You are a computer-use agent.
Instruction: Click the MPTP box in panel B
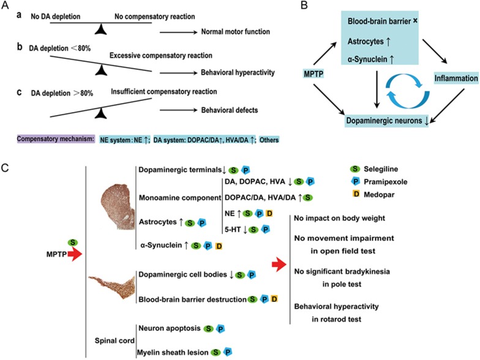point(313,73)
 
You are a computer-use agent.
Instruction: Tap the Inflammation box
point(456,78)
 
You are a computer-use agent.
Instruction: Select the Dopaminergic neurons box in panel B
point(387,121)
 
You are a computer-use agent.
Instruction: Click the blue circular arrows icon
point(408,91)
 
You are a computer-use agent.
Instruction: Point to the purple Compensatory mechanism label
point(56,139)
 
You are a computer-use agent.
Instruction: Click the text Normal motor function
point(235,32)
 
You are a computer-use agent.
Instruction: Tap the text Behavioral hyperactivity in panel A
point(238,72)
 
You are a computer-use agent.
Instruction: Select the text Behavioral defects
point(229,110)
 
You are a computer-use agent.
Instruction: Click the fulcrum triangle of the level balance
point(100,29)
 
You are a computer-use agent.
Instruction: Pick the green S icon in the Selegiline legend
point(355,169)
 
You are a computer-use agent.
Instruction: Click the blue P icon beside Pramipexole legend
point(355,182)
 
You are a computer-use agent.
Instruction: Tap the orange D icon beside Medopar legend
point(356,194)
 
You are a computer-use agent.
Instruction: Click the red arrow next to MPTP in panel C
point(75,254)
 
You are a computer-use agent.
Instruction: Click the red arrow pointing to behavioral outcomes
point(279,264)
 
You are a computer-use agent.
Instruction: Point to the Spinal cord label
point(114,340)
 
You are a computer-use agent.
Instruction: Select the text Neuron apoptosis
point(170,328)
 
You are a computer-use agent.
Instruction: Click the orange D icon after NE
point(269,213)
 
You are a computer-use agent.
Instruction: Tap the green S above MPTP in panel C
point(73,242)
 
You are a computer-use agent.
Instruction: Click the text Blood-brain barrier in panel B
point(379,21)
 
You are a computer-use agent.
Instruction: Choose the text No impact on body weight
point(339,218)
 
